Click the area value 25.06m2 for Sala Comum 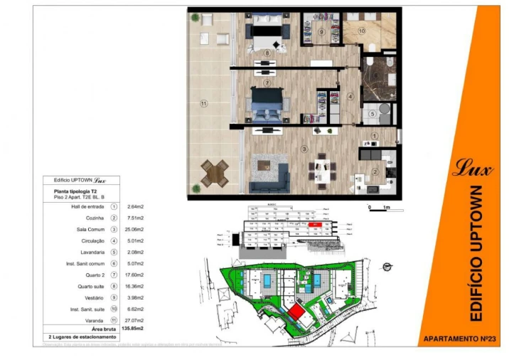(135, 230)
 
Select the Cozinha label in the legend (95, 218)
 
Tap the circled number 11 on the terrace (203, 103)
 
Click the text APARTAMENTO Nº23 (455, 338)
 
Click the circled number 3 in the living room (303, 149)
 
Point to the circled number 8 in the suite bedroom (267, 53)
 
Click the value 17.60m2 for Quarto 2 (135, 275)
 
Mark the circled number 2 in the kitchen (375, 171)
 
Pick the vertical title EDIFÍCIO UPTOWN (476, 253)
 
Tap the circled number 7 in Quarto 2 (267, 83)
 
